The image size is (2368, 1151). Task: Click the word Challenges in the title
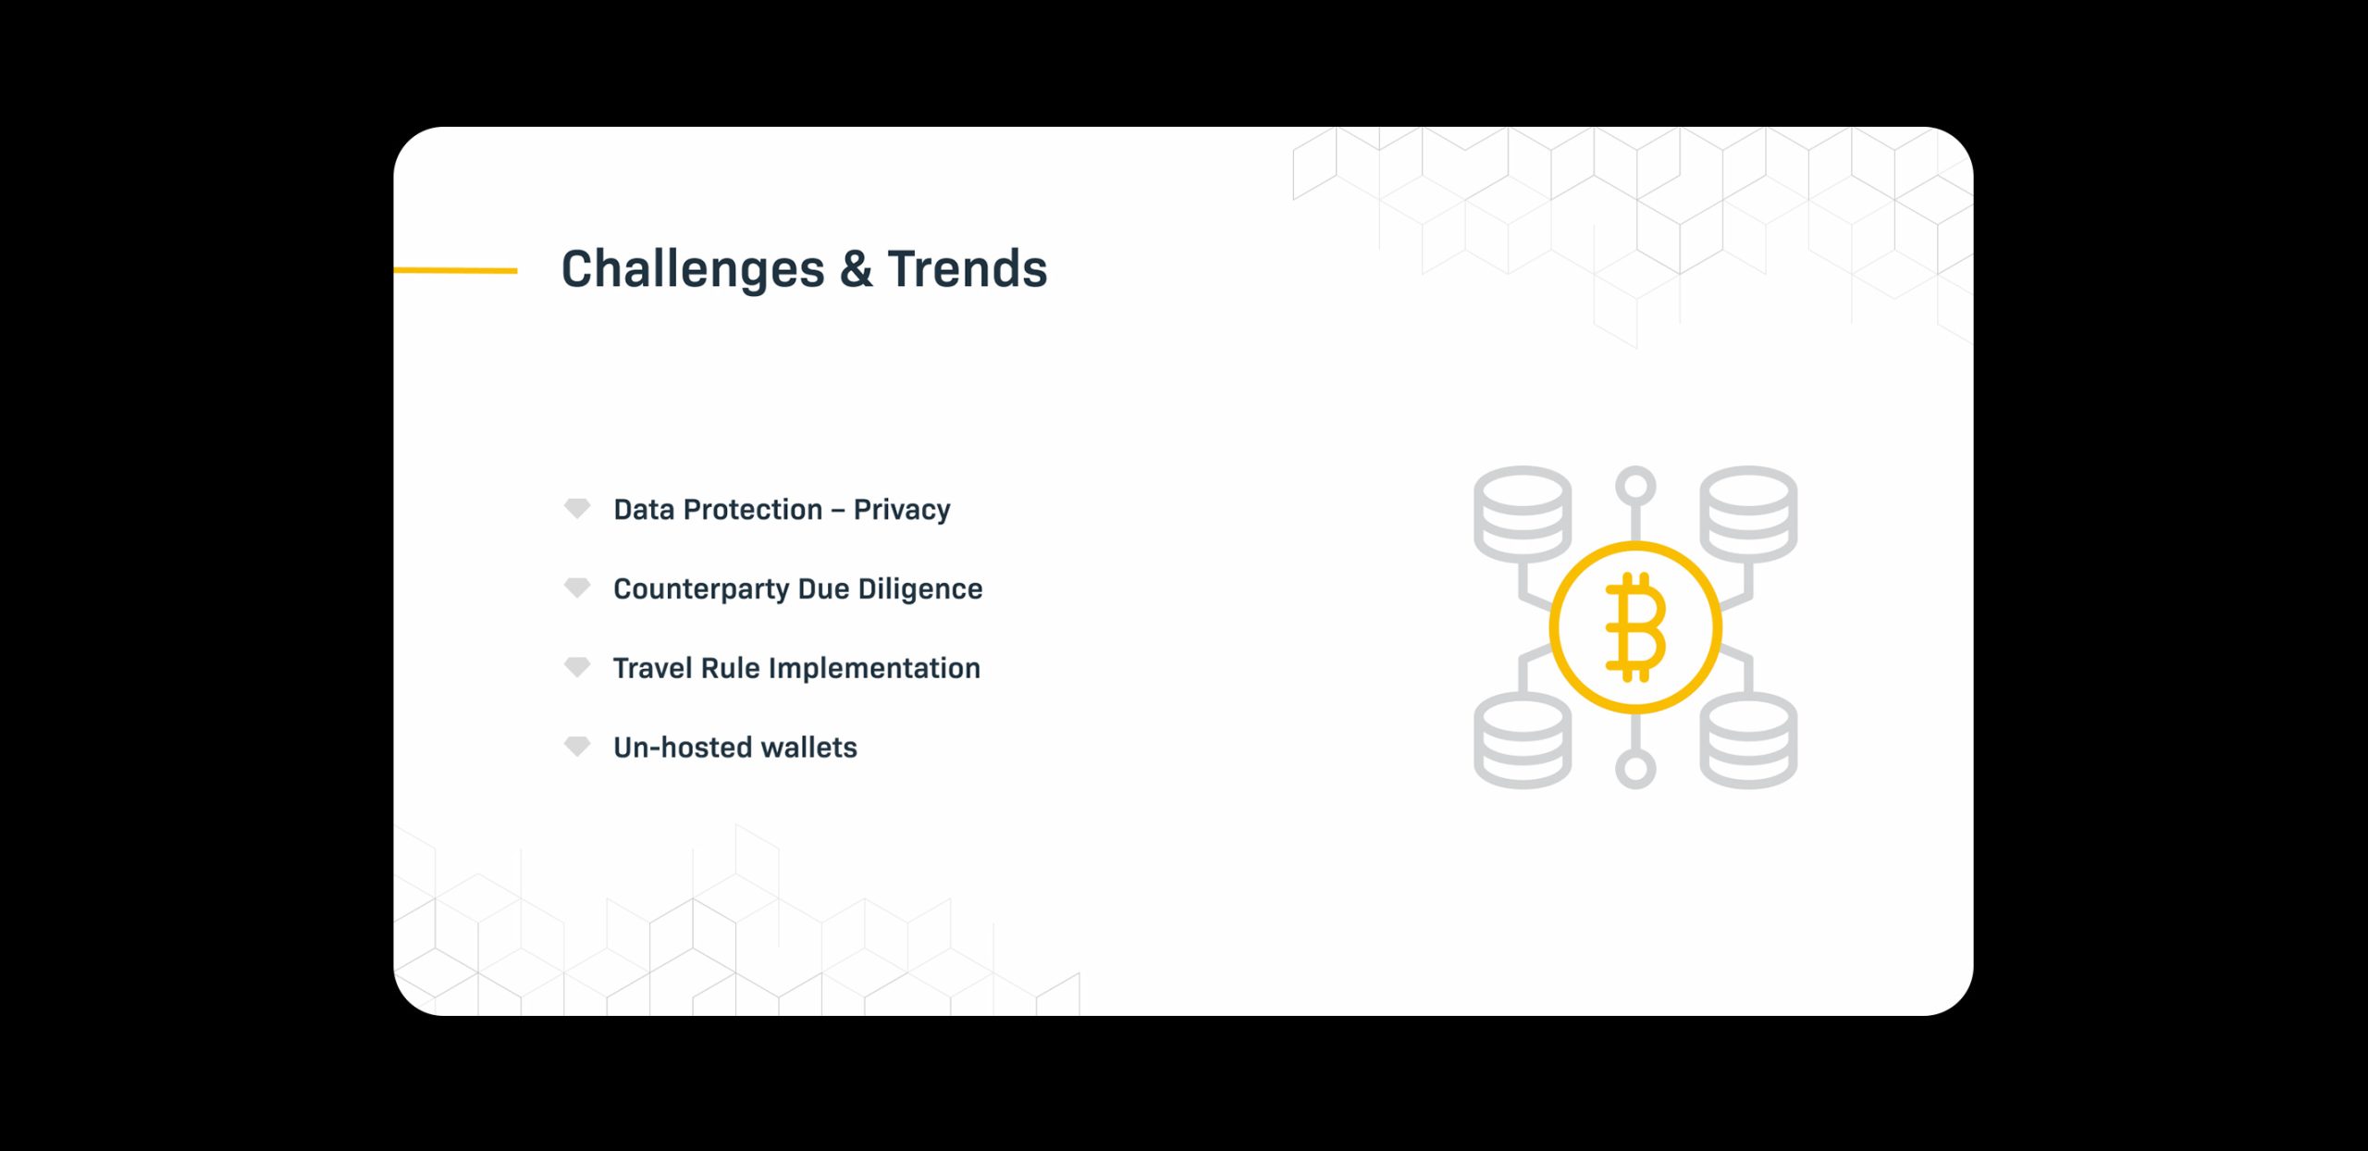coord(693,270)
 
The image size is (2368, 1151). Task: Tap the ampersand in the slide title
coord(856,268)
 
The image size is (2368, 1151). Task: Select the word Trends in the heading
coord(967,268)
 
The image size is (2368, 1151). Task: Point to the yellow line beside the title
coord(455,270)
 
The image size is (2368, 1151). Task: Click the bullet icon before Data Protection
coord(577,508)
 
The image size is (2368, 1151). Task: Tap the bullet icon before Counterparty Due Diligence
coord(577,588)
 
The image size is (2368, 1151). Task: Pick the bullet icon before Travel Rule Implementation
coord(577,667)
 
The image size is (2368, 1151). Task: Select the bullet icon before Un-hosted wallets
coord(577,746)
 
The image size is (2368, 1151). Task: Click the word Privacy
coord(902,510)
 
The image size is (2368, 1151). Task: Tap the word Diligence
coord(920,589)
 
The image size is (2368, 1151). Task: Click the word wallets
coord(809,748)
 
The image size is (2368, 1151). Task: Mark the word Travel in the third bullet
coord(653,668)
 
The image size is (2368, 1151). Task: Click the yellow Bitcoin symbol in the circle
coord(1635,627)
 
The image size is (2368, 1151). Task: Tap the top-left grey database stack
coord(1523,514)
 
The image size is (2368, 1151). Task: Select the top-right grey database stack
coord(1748,514)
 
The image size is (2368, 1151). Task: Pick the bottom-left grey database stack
coord(1523,741)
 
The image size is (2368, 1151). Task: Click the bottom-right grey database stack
coord(1748,741)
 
